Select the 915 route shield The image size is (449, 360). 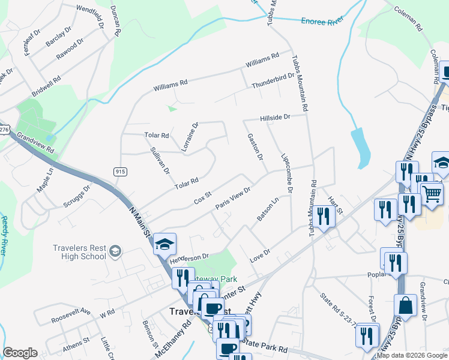pos(120,172)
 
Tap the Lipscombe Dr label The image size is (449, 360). pos(287,173)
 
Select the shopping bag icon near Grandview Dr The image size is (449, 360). pos(406,305)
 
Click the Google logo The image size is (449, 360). pos(20,353)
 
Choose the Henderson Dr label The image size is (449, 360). pos(188,256)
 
